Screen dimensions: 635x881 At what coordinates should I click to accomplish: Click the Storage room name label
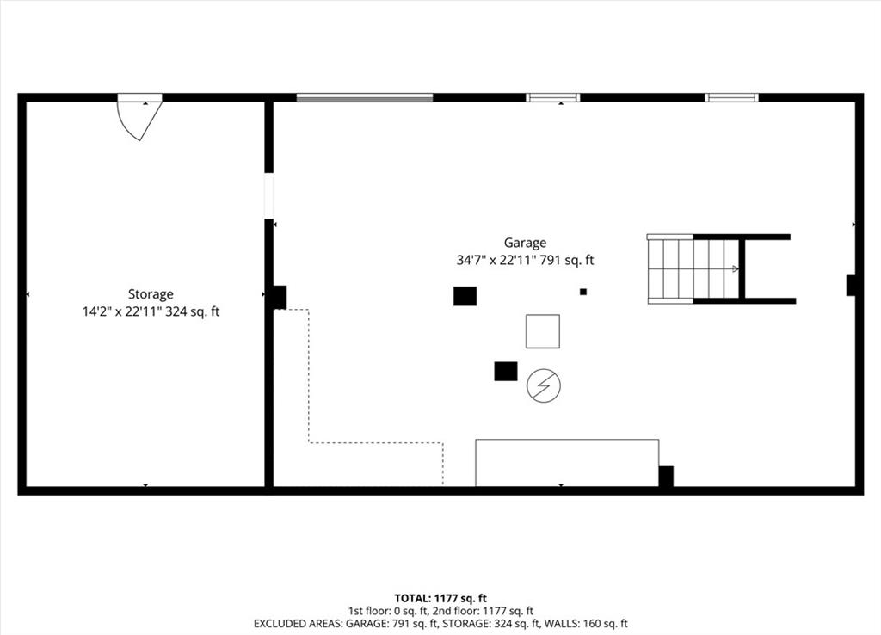pyautogui.click(x=151, y=294)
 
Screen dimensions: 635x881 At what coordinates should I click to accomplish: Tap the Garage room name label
pyautogui.click(x=525, y=244)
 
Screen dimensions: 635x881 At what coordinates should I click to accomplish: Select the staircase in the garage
pyautogui.click(x=693, y=269)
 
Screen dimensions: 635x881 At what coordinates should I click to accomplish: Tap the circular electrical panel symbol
pyautogui.click(x=544, y=385)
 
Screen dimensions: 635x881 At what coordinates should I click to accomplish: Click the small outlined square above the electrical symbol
pyautogui.click(x=543, y=331)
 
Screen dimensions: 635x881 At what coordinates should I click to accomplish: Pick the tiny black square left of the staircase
pyautogui.click(x=583, y=292)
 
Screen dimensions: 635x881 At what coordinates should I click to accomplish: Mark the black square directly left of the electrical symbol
pyautogui.click(x=506, y=371)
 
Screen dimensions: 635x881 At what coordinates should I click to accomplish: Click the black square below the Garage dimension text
pyautogui.click(x=465, y=296)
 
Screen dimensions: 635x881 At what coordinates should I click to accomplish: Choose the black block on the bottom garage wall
pyautogui.click(x=666, y=476)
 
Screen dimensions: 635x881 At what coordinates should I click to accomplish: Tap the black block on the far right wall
pyautogui.click(x=851, y=286)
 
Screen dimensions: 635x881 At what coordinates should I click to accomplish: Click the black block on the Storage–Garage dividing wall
pyautogui.click(x=280, y=297)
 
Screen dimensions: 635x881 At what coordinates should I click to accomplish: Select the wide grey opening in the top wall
pyautogui.click(x=365, y=98)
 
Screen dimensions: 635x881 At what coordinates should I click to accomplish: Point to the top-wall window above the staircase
pyautogui.click(x=731, y=98)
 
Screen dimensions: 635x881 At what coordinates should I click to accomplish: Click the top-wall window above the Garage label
pyautogui.click(x=553, y=98)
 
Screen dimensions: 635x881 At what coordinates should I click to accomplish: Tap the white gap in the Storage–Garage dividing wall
pyautogui.click(x=269, y=195)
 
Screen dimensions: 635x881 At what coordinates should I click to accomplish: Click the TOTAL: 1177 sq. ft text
pyautogui.click(x=440, y=598)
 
